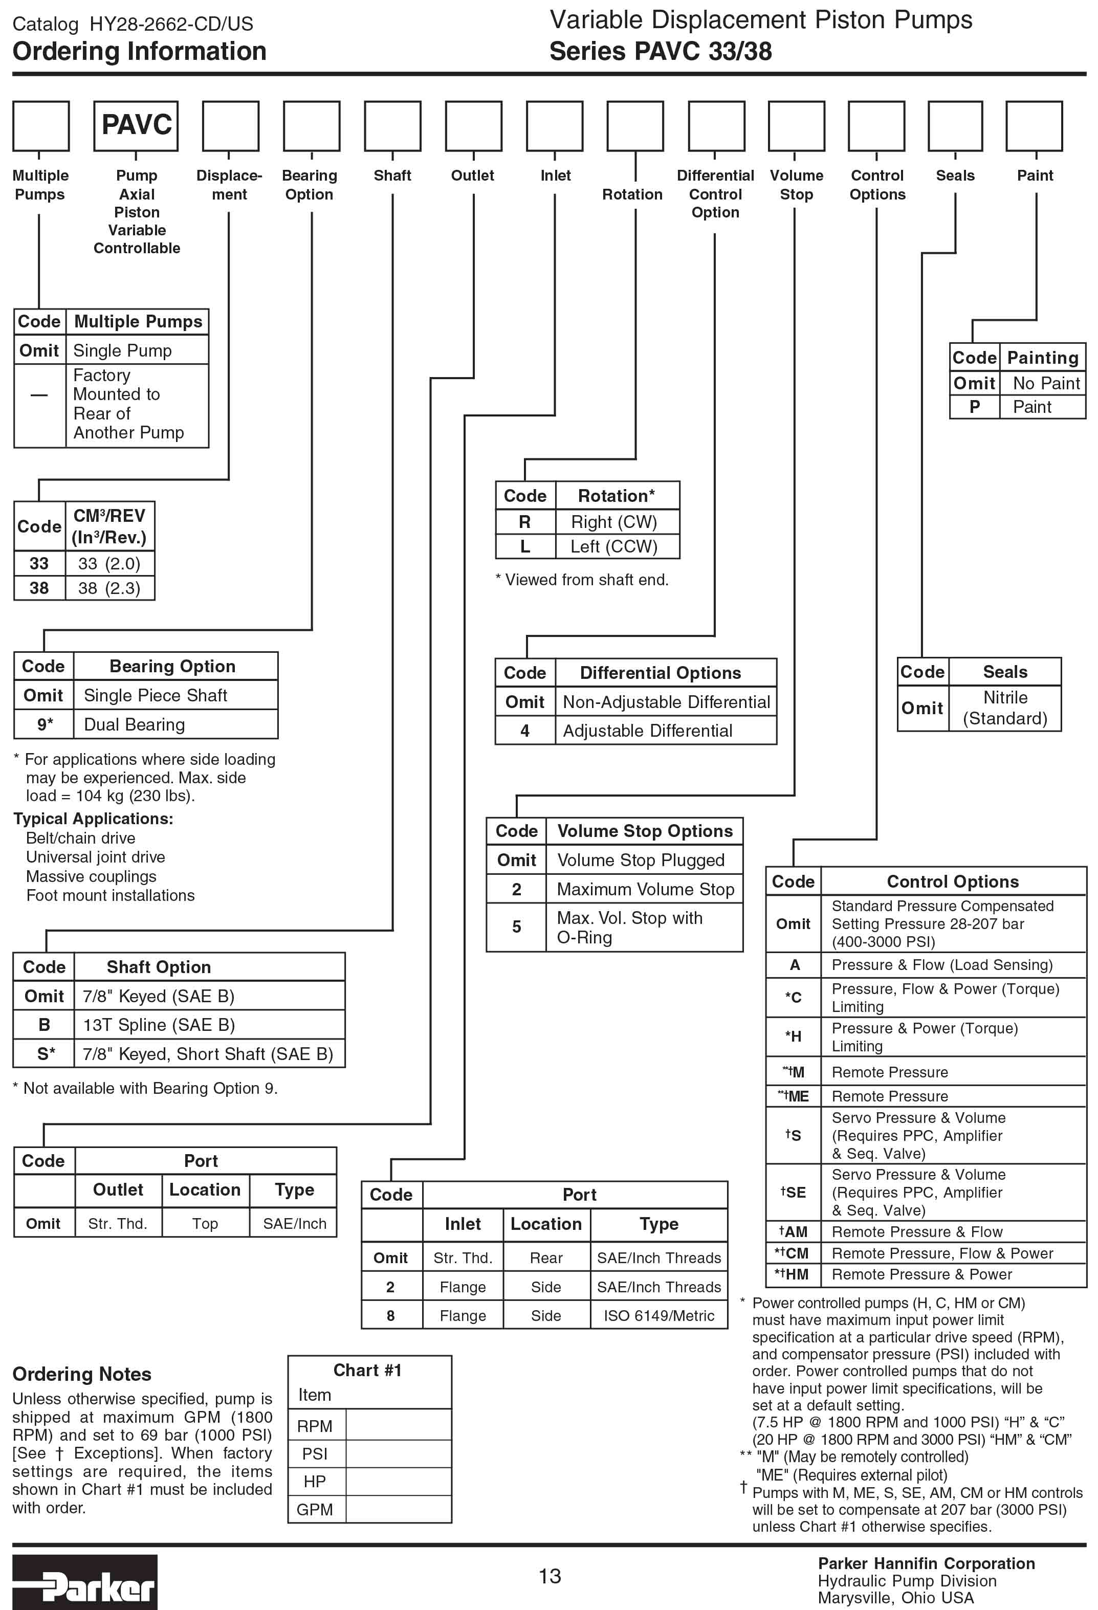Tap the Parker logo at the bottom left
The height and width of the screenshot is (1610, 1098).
84,1582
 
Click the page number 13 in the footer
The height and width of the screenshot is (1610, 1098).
550,1576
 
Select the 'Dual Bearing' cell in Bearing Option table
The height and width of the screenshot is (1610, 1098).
135,724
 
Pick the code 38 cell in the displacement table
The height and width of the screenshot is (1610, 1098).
39,588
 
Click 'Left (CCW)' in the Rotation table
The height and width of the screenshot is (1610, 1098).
614,546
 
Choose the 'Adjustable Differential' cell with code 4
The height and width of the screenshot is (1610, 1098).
647,731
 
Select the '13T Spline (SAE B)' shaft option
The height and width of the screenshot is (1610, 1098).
159,1025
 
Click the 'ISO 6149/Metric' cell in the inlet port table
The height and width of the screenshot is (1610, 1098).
658,1315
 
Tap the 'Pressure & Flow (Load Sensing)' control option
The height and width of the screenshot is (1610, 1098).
941,964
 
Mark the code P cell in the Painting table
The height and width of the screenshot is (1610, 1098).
974,407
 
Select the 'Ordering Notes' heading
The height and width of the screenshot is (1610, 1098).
82,1374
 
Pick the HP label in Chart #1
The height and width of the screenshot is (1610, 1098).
315,1481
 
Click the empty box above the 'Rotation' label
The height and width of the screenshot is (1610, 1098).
635,125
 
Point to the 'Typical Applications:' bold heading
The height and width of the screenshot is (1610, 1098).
93,819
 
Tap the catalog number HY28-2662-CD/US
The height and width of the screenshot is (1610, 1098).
171,24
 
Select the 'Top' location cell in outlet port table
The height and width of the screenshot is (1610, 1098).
205,1223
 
